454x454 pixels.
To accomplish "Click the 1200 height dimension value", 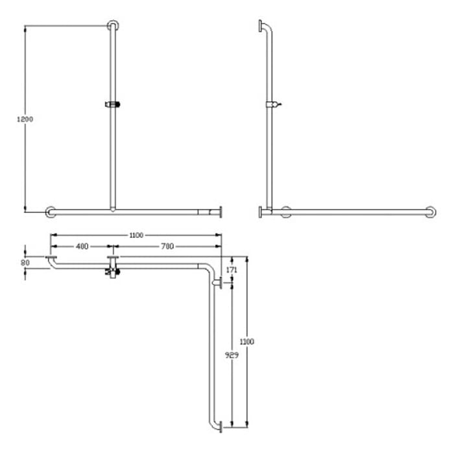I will (25, 119).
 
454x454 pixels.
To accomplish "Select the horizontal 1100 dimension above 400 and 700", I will (136, 235).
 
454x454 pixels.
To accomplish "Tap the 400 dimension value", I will (82, 246).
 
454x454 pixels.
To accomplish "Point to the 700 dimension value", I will (167, 246).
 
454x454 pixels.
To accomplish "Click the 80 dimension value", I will (25, 263).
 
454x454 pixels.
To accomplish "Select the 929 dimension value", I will (230, 356).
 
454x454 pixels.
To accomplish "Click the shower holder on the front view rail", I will (113, 104).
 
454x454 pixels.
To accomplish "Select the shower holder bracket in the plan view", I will (113, 269).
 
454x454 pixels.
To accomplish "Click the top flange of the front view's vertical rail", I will (113, 25).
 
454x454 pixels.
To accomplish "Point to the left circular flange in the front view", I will (51, 211).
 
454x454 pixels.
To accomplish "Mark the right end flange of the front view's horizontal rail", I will (221, 211).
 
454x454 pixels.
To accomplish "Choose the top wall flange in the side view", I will (261, 26).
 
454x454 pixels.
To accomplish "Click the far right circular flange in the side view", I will (430, 211).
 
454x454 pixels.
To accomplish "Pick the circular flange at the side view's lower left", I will (285, 211).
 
